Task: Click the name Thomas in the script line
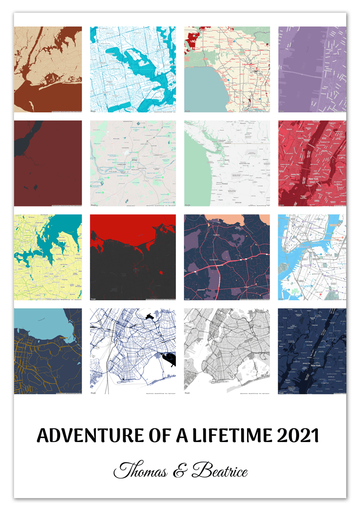coord(141,471)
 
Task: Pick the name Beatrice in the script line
coord(220,471)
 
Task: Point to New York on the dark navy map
coord(316,365)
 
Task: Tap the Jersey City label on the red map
coord(296,174)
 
